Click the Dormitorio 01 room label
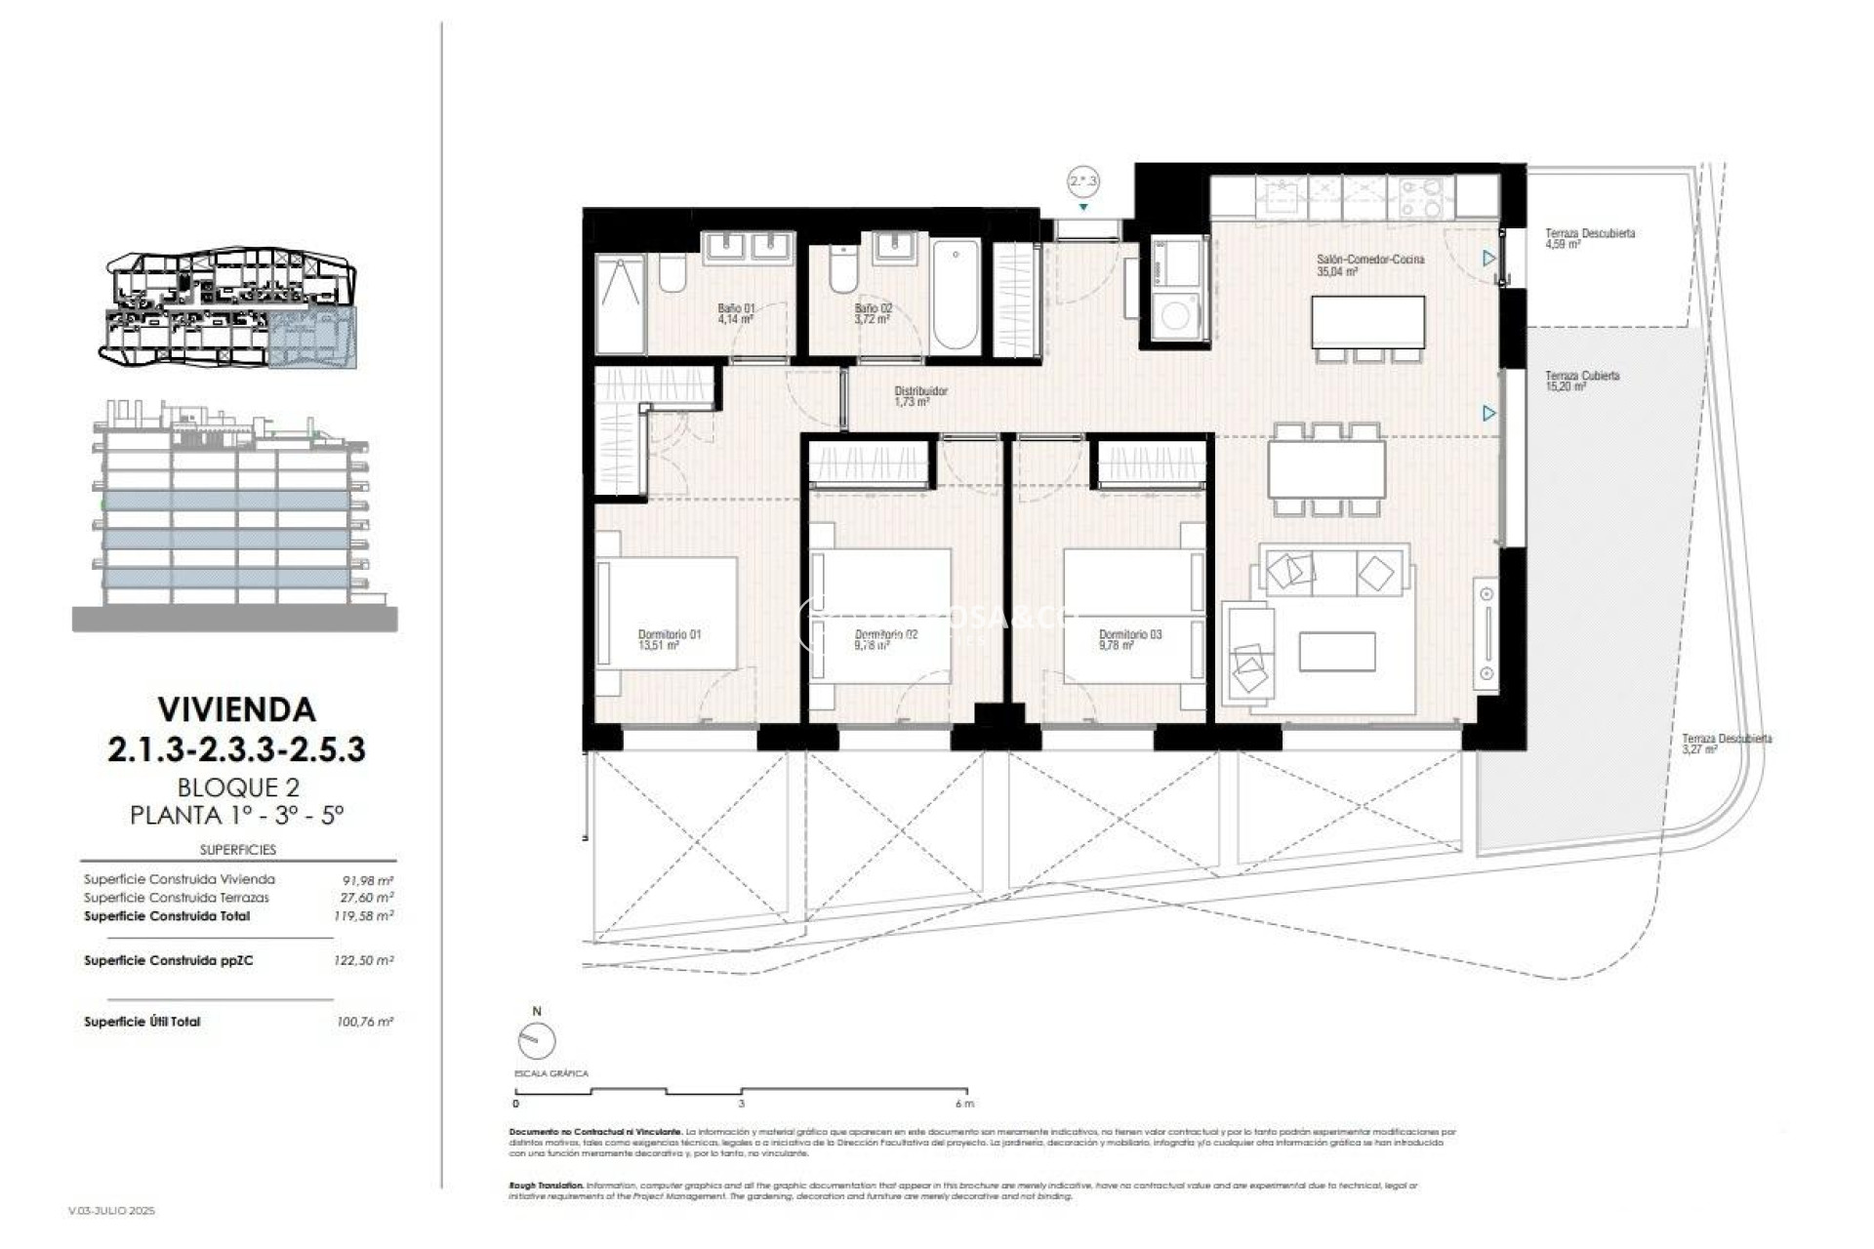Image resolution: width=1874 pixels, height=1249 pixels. tap(669, 639)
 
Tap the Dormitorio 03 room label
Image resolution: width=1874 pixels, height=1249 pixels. tap(1129, 639)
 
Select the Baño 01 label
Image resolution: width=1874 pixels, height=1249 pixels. tap(736, 312)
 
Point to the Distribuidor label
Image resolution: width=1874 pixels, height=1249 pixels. tap(920, 395)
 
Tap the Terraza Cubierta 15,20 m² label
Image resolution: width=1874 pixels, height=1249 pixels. tap(1581, 381)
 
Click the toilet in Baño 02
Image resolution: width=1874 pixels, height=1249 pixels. tap(843, 270)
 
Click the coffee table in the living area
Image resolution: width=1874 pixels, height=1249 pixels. tap(1336, 651)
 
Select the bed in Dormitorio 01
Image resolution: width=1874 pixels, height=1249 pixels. tap(669, 612)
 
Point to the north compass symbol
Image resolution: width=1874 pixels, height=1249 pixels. tap(536, 1041)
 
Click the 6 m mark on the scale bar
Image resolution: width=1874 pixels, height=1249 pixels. tap(964, 1104)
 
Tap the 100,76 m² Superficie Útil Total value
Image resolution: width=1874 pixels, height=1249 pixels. tap(364, 1022)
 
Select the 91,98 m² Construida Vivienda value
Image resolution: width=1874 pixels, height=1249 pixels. tap(365, 879)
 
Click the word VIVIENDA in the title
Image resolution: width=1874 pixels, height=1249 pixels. tap(236, 708)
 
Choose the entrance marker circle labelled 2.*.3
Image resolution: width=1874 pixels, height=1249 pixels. tap(1082, 181)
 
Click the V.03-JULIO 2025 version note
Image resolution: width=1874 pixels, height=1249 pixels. tap(111, 1211)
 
